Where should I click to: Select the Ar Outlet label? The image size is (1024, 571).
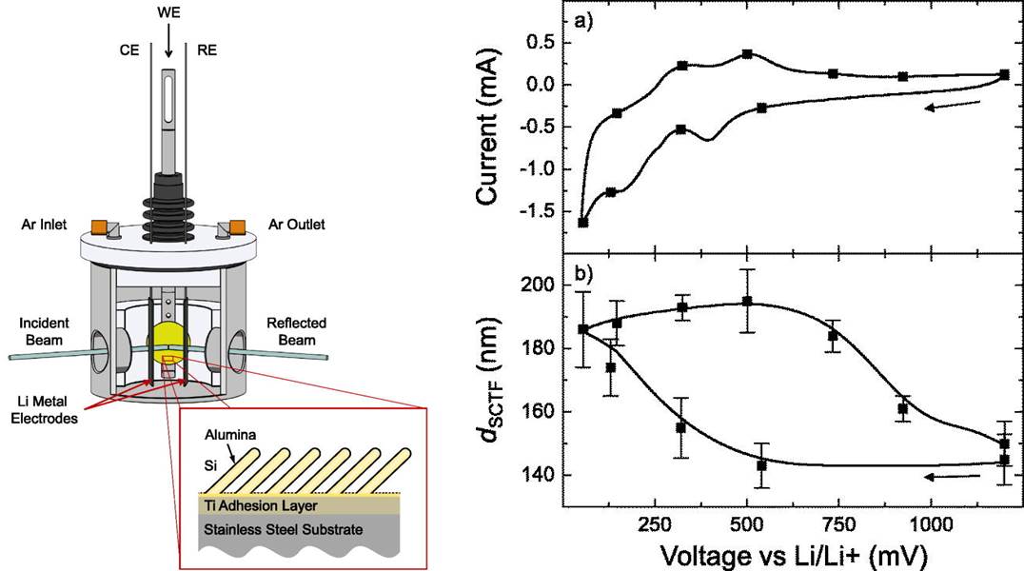291,225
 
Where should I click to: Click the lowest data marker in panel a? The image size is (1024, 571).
583,223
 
